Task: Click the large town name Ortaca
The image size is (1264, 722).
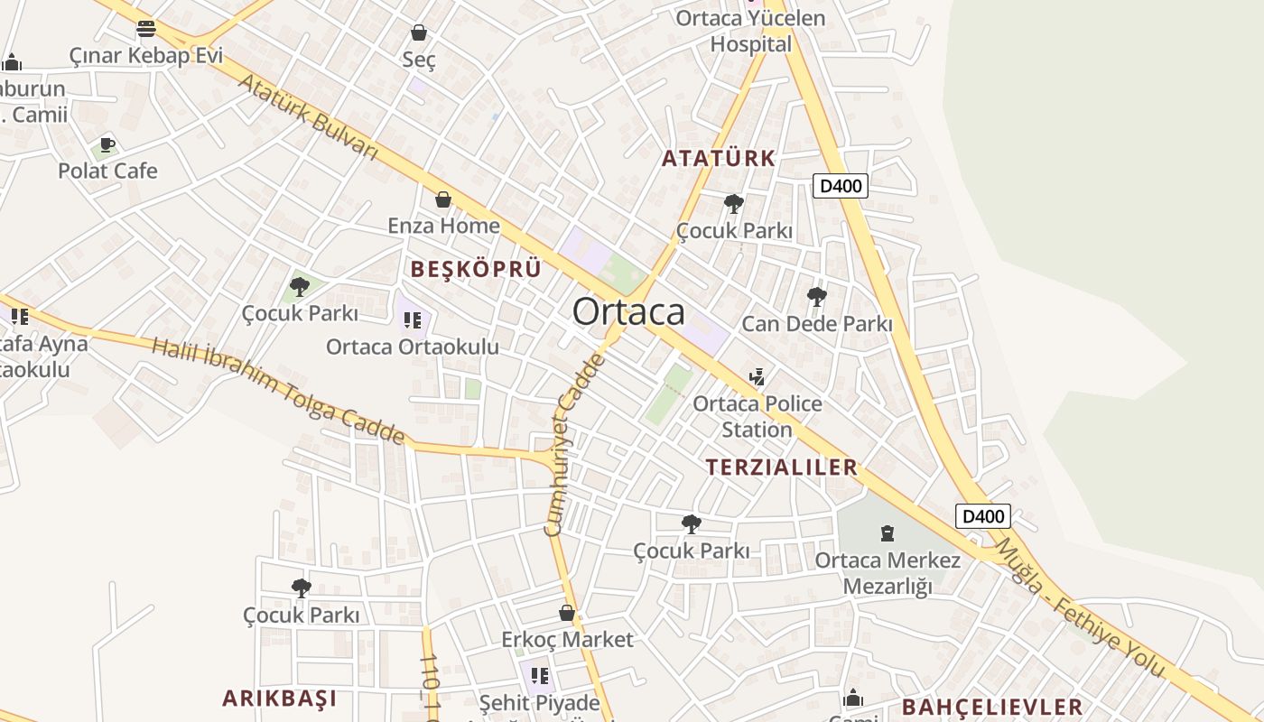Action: click(628, 312)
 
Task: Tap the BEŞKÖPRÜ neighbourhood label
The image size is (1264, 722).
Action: click(476, 269)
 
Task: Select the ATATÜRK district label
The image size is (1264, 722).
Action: click(719, 159)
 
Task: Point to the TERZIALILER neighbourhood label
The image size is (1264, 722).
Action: click(782, 467)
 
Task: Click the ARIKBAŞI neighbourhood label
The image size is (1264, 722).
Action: click(280, 698)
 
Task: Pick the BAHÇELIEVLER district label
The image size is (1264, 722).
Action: click(992, 707)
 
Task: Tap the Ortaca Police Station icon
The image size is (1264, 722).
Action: click(757, 376)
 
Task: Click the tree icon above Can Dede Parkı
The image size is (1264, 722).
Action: click(816, 296)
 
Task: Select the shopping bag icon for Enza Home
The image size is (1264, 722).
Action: click(443, 199)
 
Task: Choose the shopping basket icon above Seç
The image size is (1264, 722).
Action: click(419, 33)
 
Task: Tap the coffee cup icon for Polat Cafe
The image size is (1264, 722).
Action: click(107, 144)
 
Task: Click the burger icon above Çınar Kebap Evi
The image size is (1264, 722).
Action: click(146, 29)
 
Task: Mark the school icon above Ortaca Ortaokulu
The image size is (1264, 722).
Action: click(413, 319)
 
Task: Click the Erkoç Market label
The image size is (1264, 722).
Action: click(568, 640)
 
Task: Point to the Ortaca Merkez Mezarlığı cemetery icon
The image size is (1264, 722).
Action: click(888, 533)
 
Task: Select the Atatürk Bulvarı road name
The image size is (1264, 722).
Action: click(308, 117)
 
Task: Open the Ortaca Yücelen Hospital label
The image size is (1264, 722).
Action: click(750, 31)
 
